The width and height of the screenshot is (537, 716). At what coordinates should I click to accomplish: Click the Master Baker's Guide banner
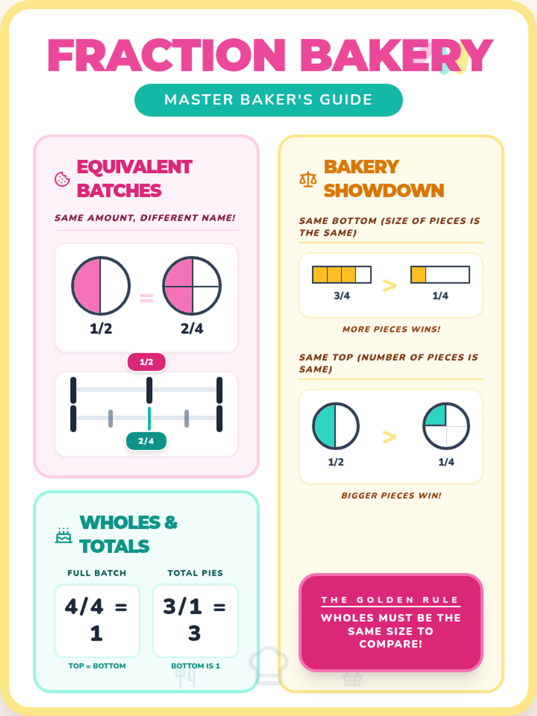coord(268,100)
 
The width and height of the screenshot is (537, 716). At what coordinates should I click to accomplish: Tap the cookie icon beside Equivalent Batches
coord(62,179)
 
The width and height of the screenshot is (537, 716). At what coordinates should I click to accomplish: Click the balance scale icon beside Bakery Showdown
coord(308,179)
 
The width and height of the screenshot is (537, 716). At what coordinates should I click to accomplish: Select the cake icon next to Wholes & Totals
coord(63,535)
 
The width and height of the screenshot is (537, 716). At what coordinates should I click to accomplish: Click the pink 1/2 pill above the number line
coord(146,362)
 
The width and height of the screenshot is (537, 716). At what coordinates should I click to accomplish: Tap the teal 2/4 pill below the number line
coord(146,441)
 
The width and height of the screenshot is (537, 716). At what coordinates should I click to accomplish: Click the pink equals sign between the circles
coord(146,298)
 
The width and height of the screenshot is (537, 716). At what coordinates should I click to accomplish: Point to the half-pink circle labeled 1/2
coord(101,286)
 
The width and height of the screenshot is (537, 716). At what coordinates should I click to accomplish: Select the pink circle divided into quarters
coord(192,286)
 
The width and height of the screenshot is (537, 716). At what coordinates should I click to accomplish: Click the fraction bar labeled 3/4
coord(342,274)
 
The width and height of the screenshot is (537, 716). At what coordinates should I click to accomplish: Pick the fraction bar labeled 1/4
coord(440,274)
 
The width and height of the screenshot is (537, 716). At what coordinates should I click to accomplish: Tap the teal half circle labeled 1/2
coord(336,426)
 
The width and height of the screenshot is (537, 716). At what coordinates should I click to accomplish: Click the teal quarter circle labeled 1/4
coord(446,426)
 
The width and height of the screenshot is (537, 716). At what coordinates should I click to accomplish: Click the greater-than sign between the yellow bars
coord(389,286)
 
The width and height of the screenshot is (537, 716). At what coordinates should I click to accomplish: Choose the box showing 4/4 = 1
coord(97,620)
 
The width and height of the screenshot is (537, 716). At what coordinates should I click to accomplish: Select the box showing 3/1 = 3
coord(195,620)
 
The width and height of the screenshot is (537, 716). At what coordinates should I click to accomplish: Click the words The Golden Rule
coord(391,600)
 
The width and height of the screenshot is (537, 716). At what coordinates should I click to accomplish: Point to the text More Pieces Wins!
coord(391,329)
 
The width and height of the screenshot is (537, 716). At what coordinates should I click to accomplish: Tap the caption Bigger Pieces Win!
coord(391,495)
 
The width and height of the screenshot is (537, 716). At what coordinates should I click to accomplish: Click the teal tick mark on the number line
coord(149,418)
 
